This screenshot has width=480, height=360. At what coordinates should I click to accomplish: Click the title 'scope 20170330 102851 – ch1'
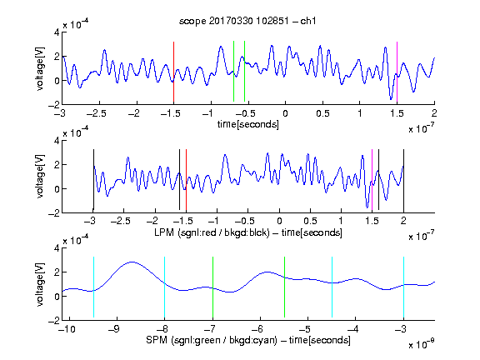(x=247, y=21)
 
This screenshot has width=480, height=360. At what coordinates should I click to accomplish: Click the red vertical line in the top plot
(x=173, y=72)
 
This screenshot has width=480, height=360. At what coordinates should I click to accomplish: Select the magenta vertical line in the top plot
(x=397, y=72)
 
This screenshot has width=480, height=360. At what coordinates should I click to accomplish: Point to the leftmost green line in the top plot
(x=233, y=71)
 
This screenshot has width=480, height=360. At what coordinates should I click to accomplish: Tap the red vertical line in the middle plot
(x=186, y=180)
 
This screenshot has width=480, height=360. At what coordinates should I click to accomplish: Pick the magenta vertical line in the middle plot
(x=372, y=180)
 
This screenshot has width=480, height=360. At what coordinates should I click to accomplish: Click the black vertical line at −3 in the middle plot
(x=93, y=180)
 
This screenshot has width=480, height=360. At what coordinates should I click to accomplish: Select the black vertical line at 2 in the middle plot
(x=403, y=180)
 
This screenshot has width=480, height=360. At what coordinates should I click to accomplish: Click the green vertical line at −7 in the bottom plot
(x=212, y=287)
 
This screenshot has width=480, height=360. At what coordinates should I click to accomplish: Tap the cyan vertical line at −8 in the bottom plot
(x=164, y=287)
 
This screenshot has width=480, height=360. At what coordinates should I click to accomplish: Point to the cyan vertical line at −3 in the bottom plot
(x=403, y=287)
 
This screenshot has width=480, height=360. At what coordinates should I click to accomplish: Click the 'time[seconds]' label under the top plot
(x=248, y=124)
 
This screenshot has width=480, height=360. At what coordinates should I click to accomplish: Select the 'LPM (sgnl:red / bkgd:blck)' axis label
(x=212, y=232)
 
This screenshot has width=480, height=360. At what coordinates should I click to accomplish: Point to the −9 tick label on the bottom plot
(x=114, y=329)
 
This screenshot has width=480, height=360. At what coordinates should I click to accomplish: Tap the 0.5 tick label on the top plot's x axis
(x=322, y=113)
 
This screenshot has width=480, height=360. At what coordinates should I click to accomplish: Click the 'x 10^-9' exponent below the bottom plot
(x=422, y=344)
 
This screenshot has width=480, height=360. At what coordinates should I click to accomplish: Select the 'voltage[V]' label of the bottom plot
(x=40, y=284)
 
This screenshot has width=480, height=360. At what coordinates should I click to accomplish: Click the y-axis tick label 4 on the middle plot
(x=57, y=141)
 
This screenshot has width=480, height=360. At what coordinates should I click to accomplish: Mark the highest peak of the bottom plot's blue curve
(x=132, y=262)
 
